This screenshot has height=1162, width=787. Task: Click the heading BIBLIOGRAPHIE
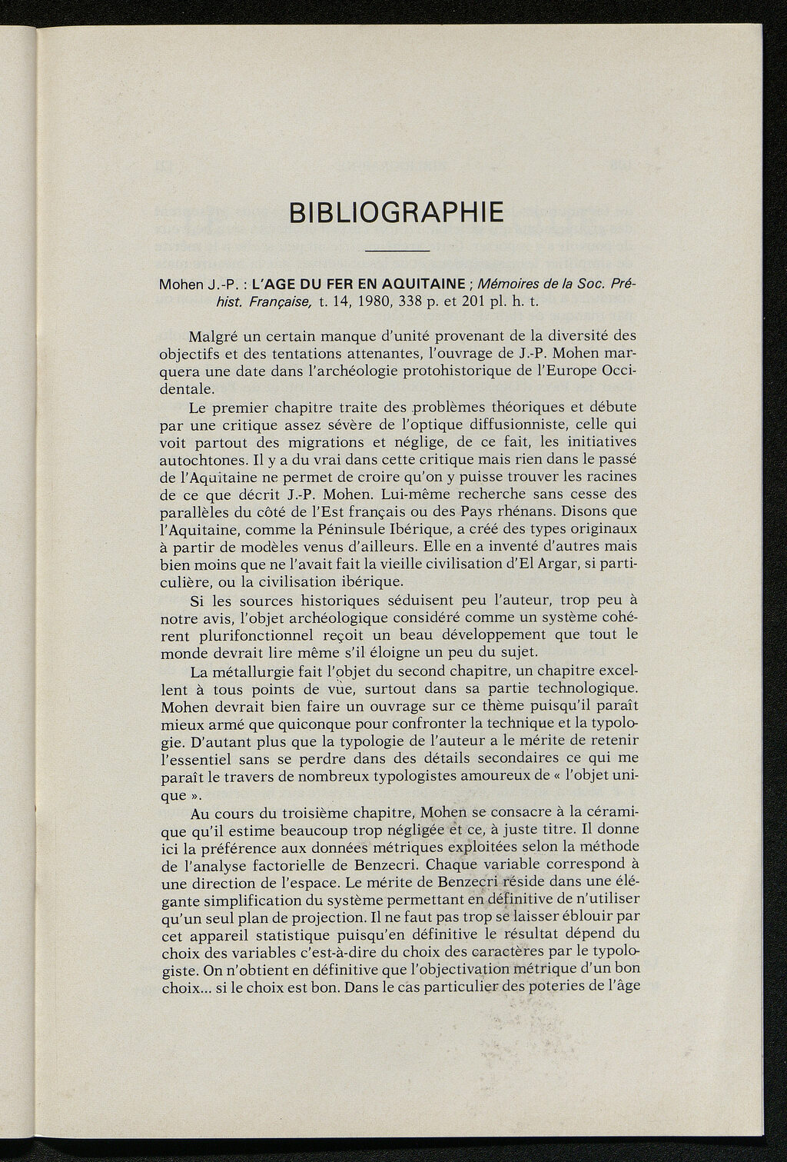(x=397, y=211)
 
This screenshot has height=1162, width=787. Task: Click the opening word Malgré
(x=211, y=335)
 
